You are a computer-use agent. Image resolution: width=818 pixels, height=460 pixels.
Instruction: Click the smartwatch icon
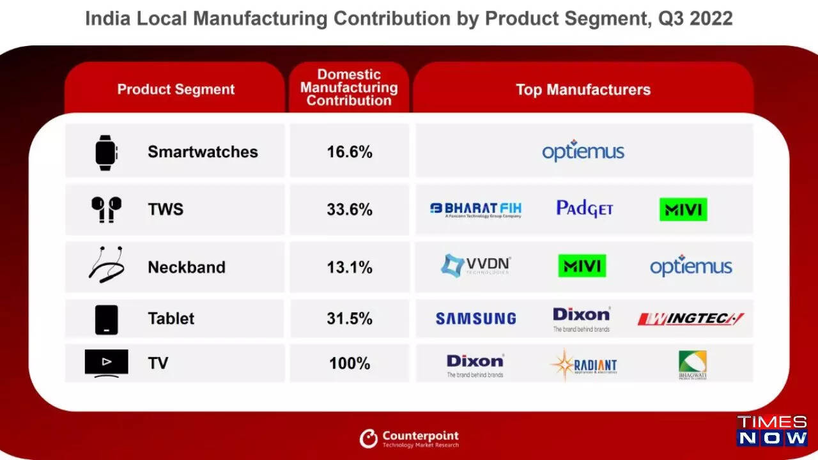click(107, 152)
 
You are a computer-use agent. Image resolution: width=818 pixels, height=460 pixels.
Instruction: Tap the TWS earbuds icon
click(106, 209)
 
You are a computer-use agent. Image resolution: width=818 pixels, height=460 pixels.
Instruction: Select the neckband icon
click(106, 264)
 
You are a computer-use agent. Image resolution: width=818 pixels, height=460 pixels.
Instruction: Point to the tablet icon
click(107, 319)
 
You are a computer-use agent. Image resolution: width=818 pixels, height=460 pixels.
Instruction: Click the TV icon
click(107, 362)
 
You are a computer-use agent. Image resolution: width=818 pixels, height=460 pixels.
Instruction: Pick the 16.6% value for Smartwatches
click(350, 152)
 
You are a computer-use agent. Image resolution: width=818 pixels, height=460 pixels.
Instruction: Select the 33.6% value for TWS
click(350, 210)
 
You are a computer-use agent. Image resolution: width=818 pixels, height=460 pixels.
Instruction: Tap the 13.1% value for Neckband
click(350, 267)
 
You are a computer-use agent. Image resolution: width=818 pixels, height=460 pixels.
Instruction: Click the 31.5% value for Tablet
click(350, 318)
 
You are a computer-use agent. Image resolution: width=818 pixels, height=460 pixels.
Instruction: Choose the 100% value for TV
click(350, 364)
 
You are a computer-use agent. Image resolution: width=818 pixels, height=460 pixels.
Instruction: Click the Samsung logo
click(475, 318)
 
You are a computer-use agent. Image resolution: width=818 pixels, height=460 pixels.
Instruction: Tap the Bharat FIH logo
click(475, 210)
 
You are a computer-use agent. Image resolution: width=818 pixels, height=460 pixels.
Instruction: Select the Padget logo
click(584, 209)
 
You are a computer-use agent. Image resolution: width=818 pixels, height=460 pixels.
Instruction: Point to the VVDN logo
click(475, 265)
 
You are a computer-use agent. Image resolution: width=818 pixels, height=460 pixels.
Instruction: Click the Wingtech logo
click(691, 319)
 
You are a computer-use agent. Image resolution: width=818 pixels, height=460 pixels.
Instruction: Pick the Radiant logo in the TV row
click(583, 365)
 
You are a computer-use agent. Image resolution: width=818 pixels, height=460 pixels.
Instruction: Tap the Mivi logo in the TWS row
click(683, 210)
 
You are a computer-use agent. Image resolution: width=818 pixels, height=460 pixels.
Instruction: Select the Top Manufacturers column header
click(583, 89)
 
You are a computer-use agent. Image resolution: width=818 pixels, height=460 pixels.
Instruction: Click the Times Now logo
click(772, 431)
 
